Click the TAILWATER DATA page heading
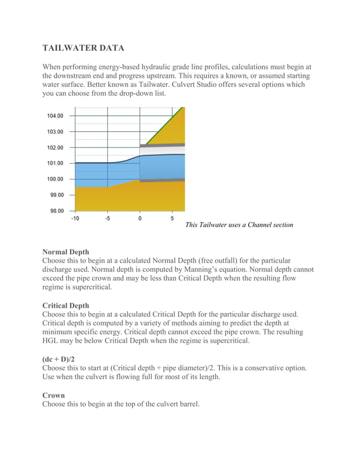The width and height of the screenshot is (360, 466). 83,48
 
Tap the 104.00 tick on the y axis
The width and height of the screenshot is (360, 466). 55,116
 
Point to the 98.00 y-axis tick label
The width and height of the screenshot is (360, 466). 55,211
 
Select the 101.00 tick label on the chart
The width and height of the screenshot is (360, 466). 55,164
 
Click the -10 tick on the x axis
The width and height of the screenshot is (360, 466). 74,218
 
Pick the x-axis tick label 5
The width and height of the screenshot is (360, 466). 172,218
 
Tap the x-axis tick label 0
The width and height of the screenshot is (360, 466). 140,218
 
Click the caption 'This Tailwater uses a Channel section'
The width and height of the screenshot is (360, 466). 239,225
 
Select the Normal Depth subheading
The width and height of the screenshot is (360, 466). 65,252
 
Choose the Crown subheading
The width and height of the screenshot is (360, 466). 54,395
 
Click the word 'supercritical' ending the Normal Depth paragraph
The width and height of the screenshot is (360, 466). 88,287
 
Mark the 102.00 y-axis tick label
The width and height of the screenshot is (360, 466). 55,148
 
